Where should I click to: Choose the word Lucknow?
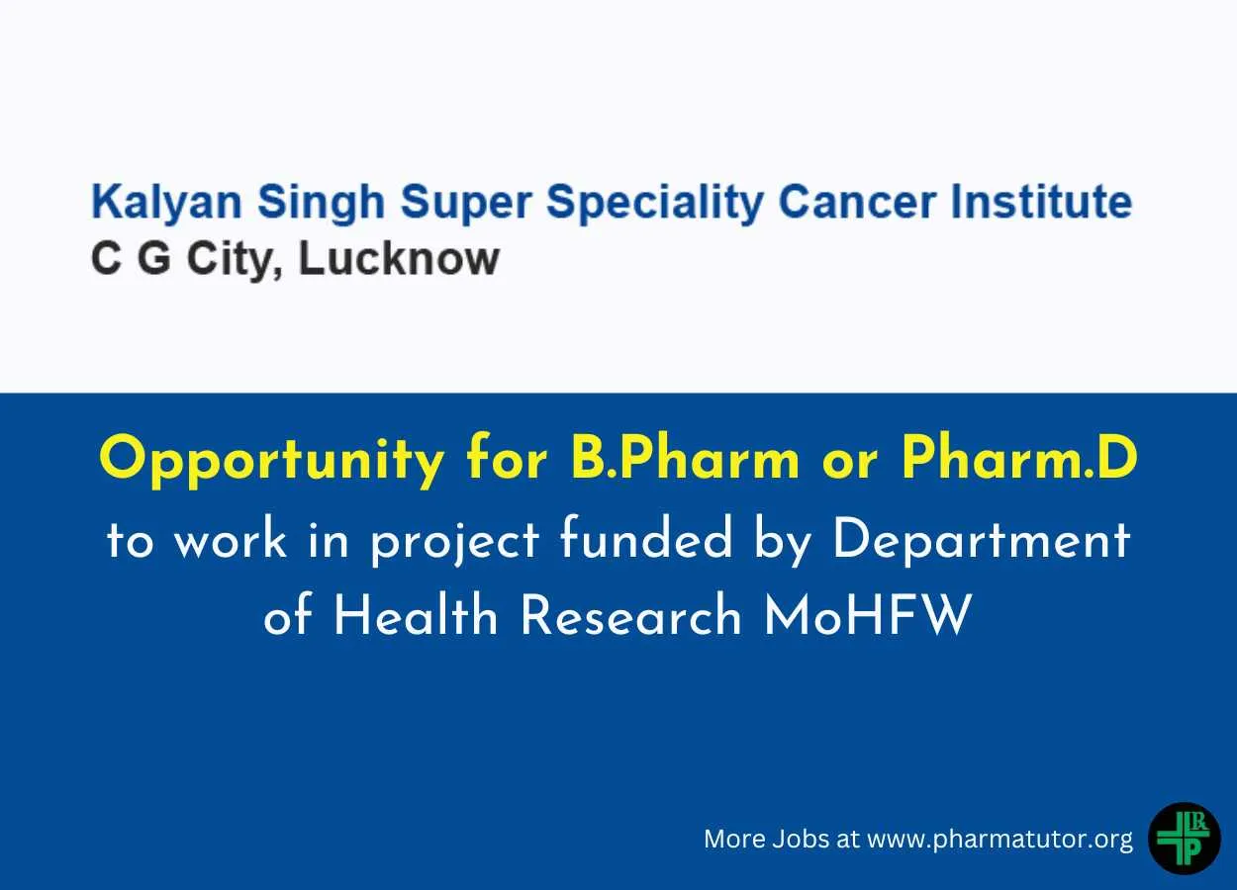tap(399, 259)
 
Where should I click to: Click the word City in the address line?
tap(235, 261)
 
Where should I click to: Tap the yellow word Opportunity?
tap(271, 461)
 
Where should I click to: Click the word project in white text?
tap(454, 542)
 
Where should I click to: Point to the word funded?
tap(645, 539)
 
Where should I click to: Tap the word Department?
tap(982, 541)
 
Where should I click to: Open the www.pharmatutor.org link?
tap(999, 840)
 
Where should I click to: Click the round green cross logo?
tap(1184, 839)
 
